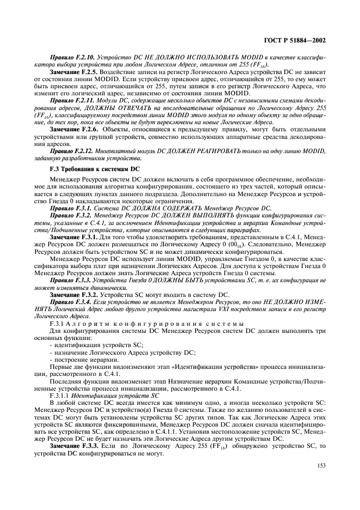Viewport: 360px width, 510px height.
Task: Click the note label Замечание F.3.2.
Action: coord(74,295)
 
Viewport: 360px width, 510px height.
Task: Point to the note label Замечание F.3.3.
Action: coord(74,446)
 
